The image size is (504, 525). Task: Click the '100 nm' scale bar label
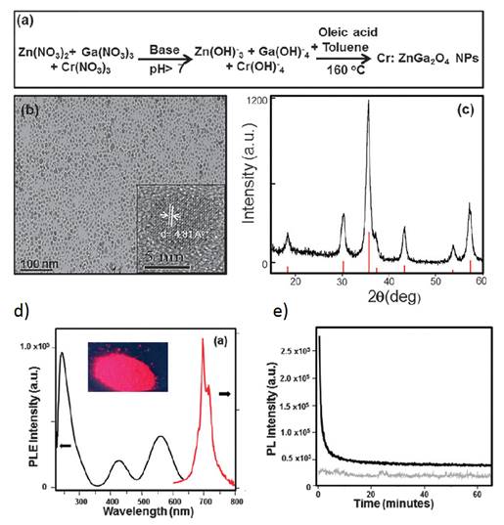38,263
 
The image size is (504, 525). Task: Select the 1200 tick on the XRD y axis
255,101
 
